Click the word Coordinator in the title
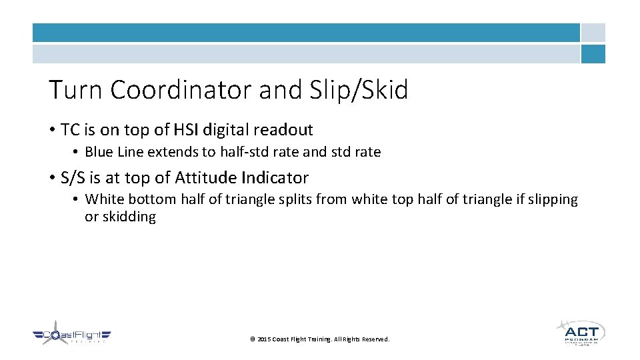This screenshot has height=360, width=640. [181, 90]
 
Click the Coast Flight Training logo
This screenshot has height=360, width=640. [71, 336]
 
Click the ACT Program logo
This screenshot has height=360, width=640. [581, 333]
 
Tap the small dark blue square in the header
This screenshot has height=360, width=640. [593, 54]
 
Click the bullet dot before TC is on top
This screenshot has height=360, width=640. [51, 130]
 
